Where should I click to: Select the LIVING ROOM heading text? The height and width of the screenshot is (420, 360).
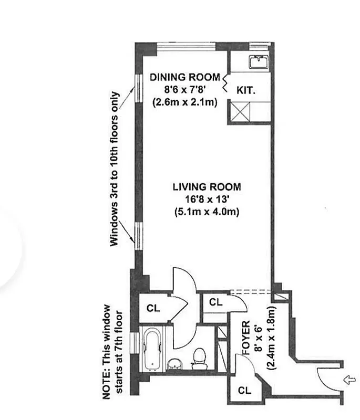click(207, 186)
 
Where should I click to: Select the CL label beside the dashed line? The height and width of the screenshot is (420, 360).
click(215, 302)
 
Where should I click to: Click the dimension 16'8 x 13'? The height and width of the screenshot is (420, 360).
click(207, 199)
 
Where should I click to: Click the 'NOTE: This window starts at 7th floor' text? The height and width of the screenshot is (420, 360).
click(112, 352)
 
